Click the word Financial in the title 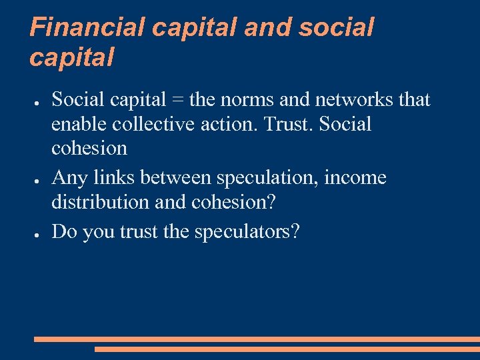(x=87, y=27)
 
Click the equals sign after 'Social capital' (x=178, y=100)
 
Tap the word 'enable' (x=79, y=124)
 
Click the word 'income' (x=355, y=178)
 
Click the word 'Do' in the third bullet (x=63, y=231)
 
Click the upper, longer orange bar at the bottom (x=257, y=339)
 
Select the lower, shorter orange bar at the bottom (x=287, y=349)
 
